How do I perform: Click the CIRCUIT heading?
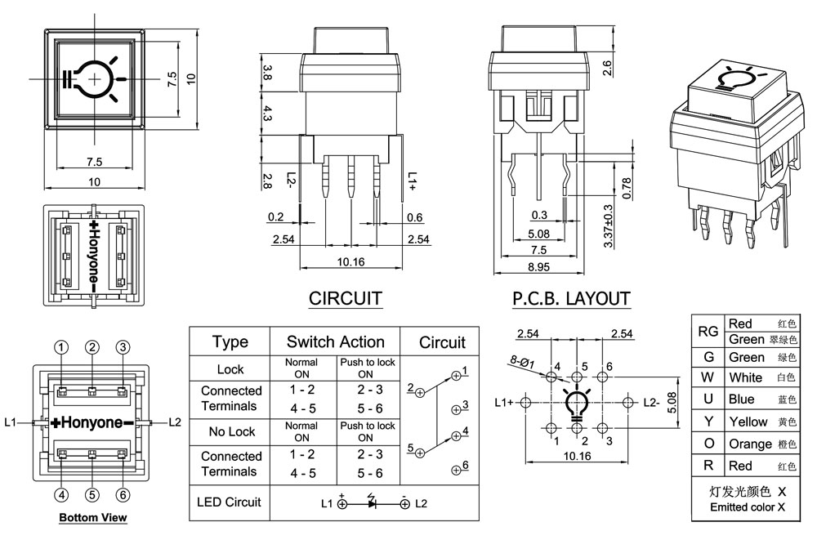[346, 298]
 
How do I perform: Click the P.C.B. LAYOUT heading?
[571, 299]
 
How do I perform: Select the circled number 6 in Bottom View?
[123, 494]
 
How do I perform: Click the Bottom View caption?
[92, 518]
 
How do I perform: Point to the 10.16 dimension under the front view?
[350, 261]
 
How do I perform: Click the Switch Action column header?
[335, 341]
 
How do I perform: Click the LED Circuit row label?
[230, 501]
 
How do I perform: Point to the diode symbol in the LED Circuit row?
[373, 503]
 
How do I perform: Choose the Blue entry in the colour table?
[741, 399]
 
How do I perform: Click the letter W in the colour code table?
[708, 377]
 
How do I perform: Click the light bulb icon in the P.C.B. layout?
[578, 403]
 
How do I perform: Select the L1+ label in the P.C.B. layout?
[504, 402]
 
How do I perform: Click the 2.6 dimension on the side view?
[607, 69]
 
